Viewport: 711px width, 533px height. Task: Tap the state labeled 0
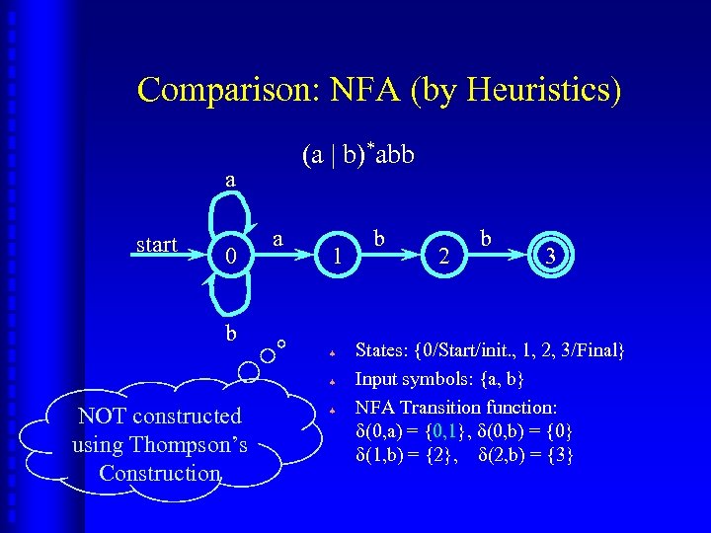click(231, 256)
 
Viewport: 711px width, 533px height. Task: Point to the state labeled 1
click(338, 257)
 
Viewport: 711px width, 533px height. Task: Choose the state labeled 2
click(445, 257)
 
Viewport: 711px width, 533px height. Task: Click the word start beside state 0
click(156, 245)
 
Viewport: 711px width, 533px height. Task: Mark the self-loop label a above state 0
click(230, 179)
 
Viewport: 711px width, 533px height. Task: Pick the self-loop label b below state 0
click(230, 333)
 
